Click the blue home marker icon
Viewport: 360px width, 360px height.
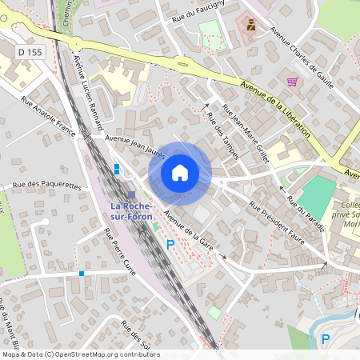click(180, 172)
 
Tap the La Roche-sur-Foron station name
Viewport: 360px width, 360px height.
click(132, 211)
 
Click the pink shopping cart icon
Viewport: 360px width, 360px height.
click(293, 81)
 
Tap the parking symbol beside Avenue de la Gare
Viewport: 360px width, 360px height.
click(170, 244)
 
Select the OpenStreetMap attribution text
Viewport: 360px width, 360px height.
click(81, 354)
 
